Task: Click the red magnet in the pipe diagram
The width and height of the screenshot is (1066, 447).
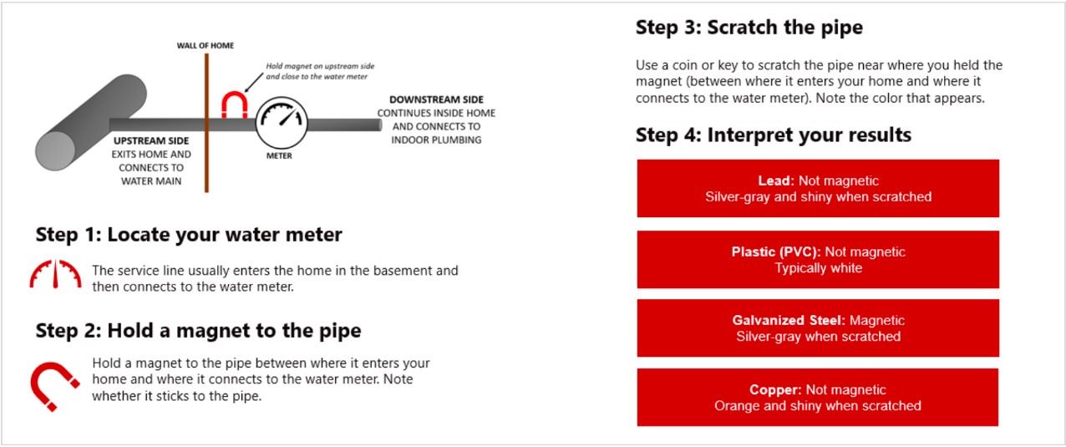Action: pos(235,104)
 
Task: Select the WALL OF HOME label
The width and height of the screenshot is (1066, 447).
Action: pos(206,45)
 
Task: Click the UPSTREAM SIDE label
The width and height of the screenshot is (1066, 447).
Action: pos(150,141)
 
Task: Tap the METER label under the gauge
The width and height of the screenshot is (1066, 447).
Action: pos(279,156)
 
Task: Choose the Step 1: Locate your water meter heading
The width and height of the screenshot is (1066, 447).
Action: pos(189,235)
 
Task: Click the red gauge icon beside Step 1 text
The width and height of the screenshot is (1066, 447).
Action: pos(55,274)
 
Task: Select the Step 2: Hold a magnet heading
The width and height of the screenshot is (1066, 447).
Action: pos(198,331)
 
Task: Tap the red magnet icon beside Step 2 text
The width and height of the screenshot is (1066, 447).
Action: pos(54,384)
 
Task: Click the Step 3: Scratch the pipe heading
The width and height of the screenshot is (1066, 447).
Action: pos(749,28)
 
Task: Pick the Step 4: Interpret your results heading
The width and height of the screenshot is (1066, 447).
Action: pos(773,135)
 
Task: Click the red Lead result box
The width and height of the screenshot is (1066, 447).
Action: pos(818,189)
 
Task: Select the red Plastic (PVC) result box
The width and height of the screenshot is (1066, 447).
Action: pos(818,260)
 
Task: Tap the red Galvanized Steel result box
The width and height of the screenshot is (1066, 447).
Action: pos(818,328)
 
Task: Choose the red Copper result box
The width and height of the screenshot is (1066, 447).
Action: pos(818,398)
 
